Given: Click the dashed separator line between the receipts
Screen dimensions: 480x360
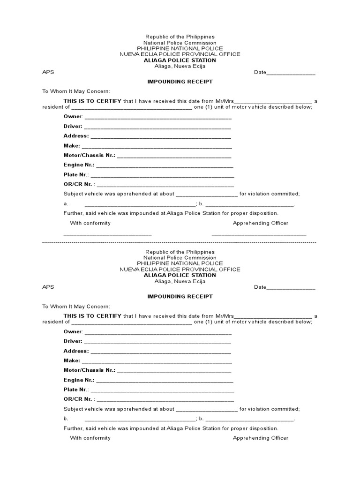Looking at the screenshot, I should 180,243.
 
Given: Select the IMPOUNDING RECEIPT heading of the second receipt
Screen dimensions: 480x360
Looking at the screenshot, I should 180,296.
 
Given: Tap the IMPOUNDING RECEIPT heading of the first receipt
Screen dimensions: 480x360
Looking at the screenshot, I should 180,82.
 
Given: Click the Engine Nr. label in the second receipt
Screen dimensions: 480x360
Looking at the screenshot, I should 79,380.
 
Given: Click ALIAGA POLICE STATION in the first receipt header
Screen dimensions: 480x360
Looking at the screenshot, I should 180,60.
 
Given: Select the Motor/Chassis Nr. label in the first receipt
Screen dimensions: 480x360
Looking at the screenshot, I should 89,155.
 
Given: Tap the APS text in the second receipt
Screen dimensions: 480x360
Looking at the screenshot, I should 48,287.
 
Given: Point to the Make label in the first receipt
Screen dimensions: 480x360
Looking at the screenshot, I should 72,146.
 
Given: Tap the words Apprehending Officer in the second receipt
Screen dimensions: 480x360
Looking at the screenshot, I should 261,438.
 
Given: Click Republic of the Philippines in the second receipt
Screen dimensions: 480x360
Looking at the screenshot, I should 180,252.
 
